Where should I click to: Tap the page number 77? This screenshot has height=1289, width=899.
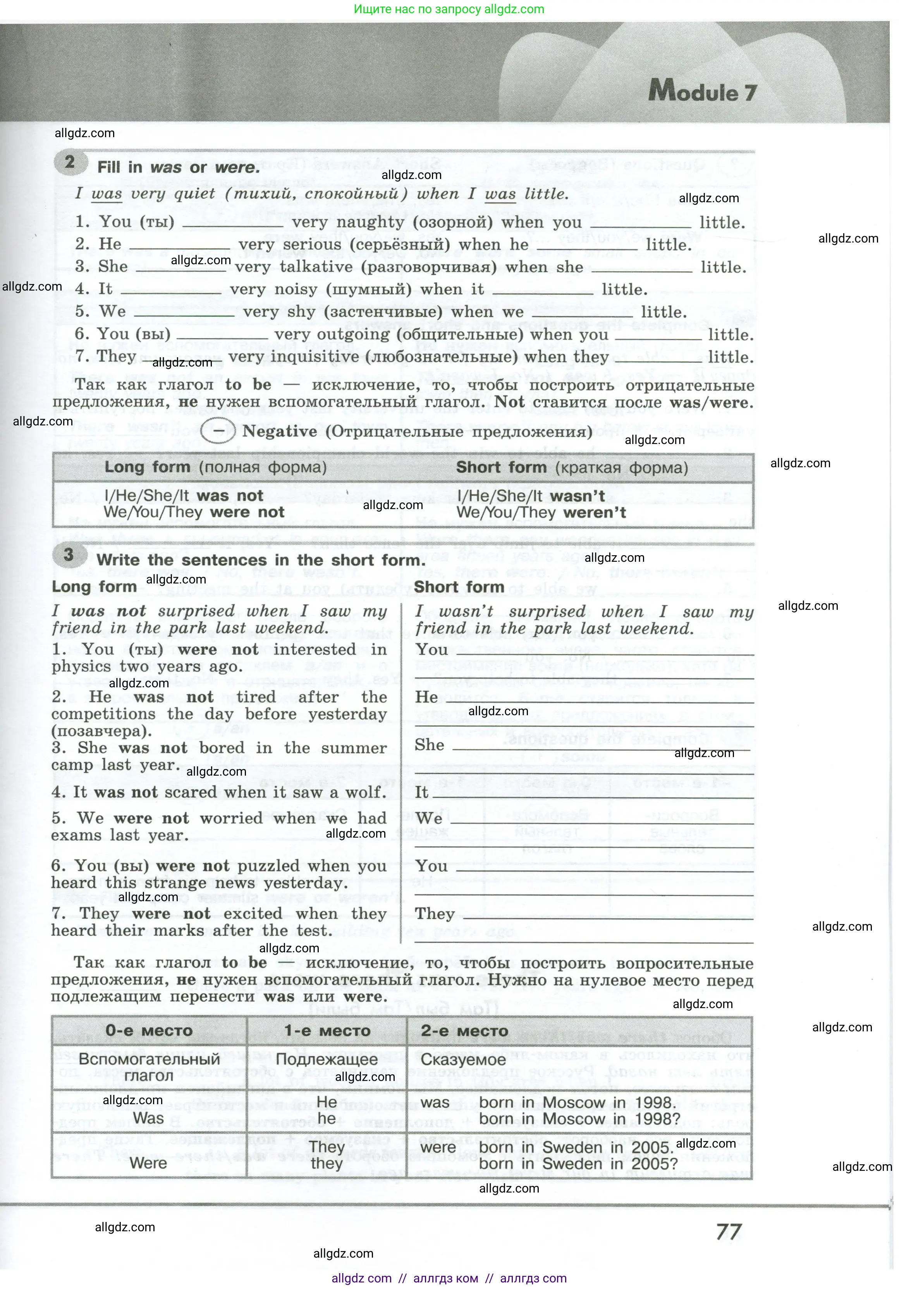[729, 1232]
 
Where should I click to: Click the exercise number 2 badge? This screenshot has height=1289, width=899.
[70, 162]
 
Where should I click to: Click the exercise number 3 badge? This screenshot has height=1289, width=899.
[69, 555]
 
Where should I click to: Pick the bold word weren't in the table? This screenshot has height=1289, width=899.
[594, 512]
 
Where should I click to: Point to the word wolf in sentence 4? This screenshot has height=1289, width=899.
[366, 792]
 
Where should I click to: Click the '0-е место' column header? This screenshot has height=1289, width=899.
[149, 1031]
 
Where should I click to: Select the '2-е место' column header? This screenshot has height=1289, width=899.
[464, 1031]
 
